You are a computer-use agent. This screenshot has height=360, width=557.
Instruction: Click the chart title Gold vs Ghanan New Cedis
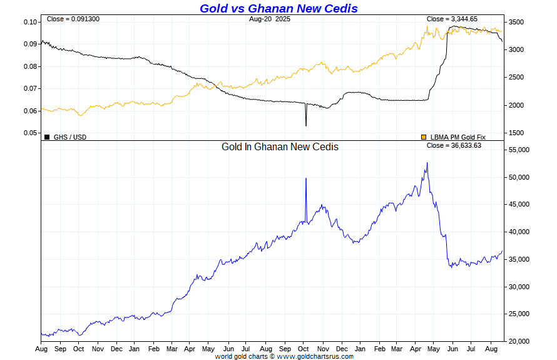[x=278, y=8]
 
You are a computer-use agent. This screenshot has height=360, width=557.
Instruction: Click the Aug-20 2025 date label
[x=270, y=19]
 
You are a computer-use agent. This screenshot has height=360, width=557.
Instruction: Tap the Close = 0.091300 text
[x=73, y=19]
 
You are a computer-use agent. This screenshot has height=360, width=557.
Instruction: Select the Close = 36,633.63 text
[x=454, y=146]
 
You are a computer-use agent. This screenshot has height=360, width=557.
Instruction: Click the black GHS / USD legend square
[x=47, y=136]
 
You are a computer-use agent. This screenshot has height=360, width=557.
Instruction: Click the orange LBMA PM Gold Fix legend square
[x=424, y=136]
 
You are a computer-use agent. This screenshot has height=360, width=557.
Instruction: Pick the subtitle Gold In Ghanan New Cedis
[x=280, y=147]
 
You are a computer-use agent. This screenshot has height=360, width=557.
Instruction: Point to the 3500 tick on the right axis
[x=516, y=23]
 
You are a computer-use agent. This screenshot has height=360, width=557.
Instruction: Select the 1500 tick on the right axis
[x=516, y=133]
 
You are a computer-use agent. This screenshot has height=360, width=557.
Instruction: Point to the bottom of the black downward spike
[x=306, y=126]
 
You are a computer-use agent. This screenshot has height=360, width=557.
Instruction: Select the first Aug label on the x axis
[x=41, y=348]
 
